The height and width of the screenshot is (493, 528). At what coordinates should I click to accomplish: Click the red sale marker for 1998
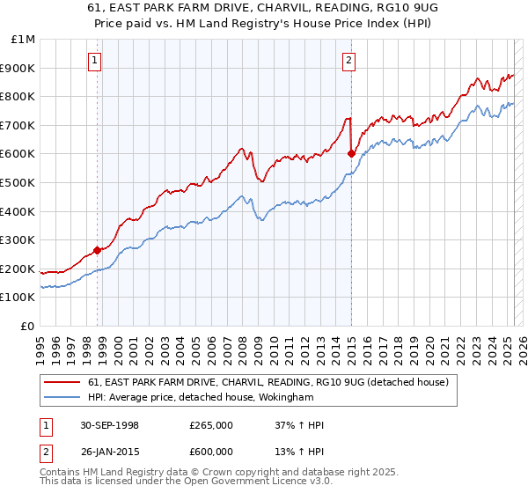pyautogui.click(x=97, y=249)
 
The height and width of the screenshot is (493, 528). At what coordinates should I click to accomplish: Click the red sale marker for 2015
pyautogui.click(x=351, y=153)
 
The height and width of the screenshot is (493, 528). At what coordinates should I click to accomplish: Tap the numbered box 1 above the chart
pyautogui.click(x=94, y=61)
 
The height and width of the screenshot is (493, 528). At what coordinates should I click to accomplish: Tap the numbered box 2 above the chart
pyautogui.click(x=349, y=61)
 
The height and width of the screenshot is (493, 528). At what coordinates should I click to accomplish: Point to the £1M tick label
pyautogui.click(x=24, y=40)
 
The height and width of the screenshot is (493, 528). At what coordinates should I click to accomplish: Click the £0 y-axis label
pyautogui.click(x=28, y=327)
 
